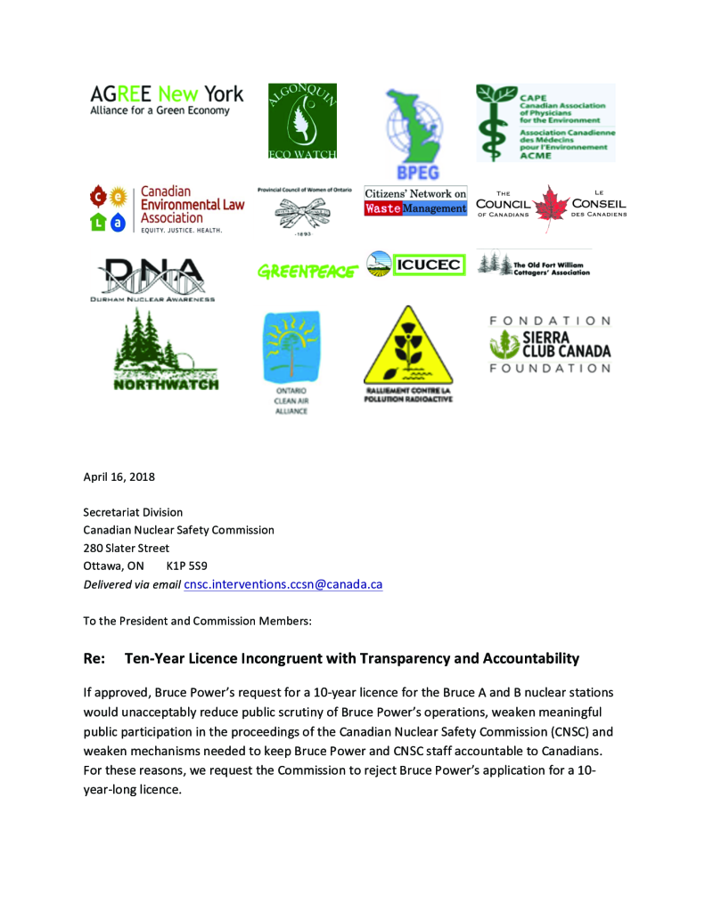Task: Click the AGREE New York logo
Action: [x=167, y=100]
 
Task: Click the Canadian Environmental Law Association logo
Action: [x=167, y=209]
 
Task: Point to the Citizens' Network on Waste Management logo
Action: [x=415, y=201]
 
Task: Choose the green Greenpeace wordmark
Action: [x=306, y=271]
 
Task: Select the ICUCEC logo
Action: [x=416, y=265]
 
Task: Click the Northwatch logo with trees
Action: [x=166, y=351]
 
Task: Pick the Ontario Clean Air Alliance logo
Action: [x=291, y=362]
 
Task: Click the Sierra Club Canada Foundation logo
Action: [x=549, y=344]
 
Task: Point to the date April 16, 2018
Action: [x=119, y=476]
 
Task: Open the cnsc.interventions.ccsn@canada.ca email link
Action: [x=283, y=584]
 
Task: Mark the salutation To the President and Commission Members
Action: [x=198, y=620]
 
